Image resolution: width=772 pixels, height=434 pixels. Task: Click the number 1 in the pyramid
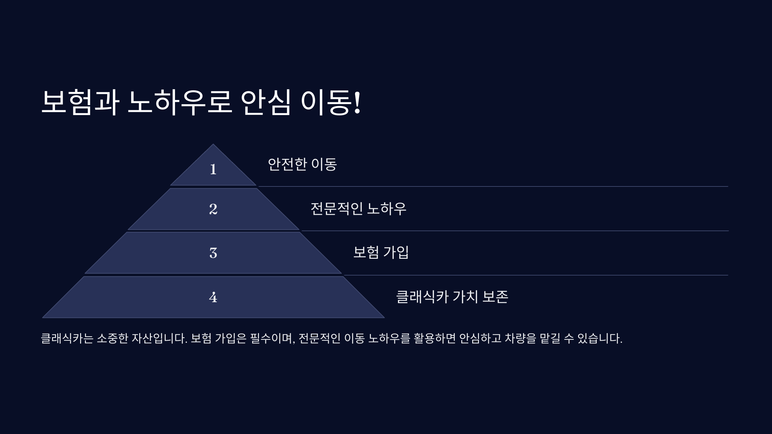(213, 169)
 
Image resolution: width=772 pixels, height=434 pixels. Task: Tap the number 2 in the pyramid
(213, 209)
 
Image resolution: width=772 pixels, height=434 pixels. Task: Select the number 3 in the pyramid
(213, 253)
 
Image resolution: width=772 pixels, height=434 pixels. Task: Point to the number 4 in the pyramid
(213, 297)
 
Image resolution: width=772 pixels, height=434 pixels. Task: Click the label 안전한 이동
(302, 164)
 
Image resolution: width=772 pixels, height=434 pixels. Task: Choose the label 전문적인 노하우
(358, 209)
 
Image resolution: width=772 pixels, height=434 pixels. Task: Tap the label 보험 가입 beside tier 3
(381, 252)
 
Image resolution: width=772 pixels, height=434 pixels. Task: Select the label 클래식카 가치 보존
(452, 297)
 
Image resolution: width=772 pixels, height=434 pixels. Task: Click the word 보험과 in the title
(80, 102)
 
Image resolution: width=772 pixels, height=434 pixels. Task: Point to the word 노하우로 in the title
(179, 102)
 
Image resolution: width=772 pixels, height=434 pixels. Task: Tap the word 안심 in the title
(266, 102)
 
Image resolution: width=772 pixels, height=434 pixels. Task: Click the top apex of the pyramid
(213, 144)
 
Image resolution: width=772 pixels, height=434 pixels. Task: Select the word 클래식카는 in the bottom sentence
(67, 339)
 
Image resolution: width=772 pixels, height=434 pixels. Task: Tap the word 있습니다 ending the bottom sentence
(600, 339)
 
